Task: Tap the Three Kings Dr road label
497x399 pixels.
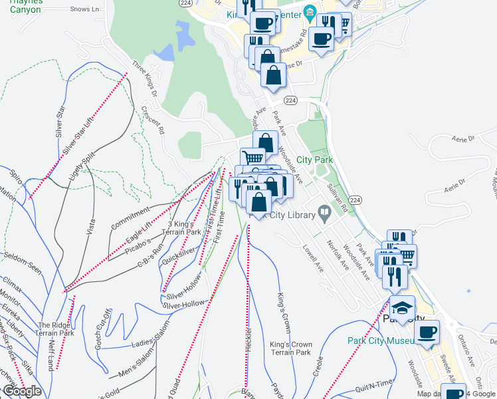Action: click(x=144, y=78)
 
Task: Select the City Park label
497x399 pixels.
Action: click(x=314, y=160)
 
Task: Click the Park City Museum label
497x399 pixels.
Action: click(x=381, y=340)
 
